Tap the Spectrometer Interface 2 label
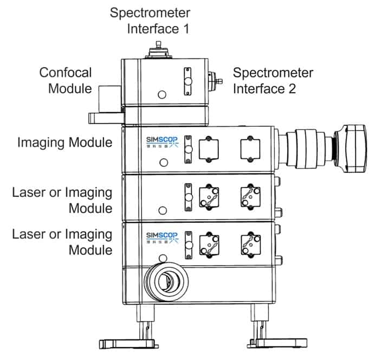coord(273,80)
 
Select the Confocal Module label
coord(66,80)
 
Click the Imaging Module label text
coord(65,143)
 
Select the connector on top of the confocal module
coord(158,50)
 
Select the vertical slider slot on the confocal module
coord(188,81)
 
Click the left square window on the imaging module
coord(208,147)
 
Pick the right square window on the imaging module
coord(250,147)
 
